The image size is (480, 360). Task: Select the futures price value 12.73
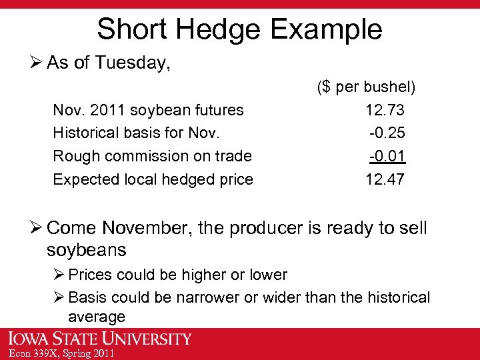click(385, 109)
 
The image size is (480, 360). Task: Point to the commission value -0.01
click(387, 156)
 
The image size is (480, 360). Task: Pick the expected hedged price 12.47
click(385, 179)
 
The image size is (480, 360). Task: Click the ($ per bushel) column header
click(366, 87)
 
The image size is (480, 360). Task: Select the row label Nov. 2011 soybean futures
click(148, 109)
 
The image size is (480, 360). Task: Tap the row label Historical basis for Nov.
click(136, 133)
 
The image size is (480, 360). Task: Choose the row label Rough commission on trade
click(152, 156)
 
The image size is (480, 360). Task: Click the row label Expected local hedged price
click(153, 179)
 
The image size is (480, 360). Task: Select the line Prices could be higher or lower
click(177, 275)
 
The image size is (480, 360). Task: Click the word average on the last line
click(97, 317)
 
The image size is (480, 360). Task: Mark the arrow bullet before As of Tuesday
click(37, 63)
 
